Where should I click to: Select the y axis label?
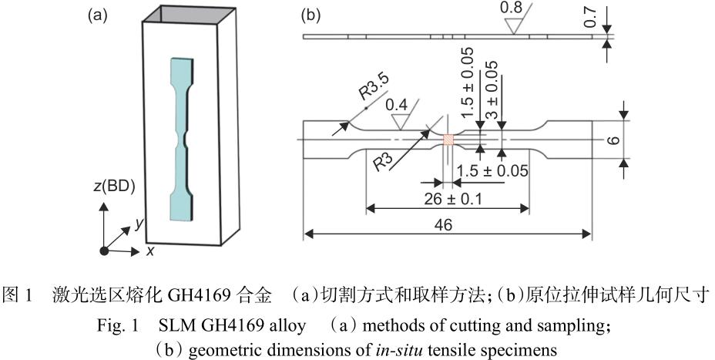click(138, 224)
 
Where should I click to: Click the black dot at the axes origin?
click(104, 251)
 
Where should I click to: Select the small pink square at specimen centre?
click(448, 140)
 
